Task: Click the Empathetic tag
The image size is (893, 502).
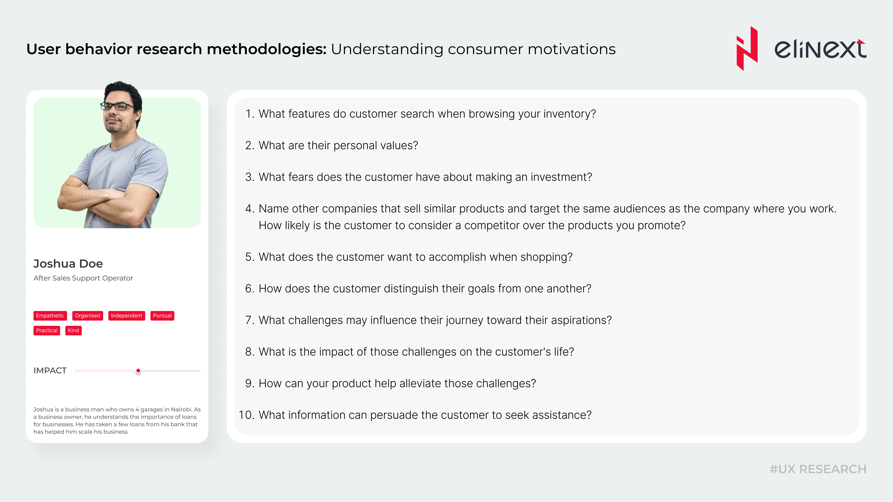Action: (x=50, y=316)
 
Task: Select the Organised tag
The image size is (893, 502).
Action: (x=87, y=316)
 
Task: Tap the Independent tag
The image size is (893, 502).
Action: (x=127, y=316)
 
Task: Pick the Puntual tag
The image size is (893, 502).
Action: (x=162, y=316)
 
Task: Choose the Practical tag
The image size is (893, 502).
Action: (x=47, y=330)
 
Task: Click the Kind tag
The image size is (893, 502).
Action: (x=73, y=330)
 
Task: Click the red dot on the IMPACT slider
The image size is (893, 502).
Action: (x=138, y=371)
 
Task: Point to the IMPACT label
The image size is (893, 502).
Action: (x=50, y=371)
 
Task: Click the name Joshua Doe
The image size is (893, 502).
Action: (x=68, y=264)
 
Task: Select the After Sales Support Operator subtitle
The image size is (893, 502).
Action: (x=83, y=278)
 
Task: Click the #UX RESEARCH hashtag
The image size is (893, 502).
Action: (x=818, y=469)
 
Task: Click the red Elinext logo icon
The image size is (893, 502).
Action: (x=747, y=49)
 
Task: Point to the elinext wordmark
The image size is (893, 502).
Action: (x=820, y=49)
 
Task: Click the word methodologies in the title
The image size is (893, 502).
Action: (x=267, y=49)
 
